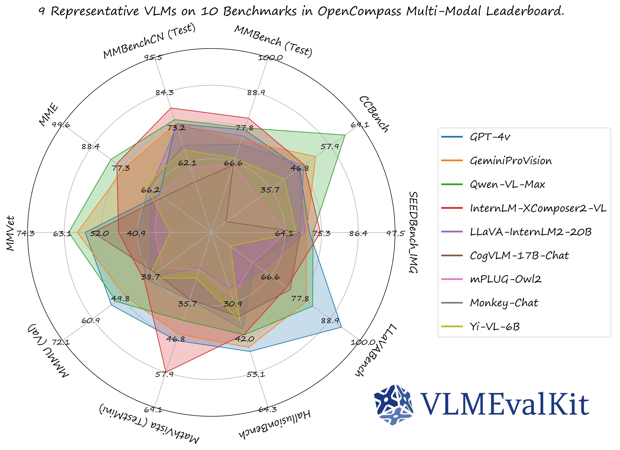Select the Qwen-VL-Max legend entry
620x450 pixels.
point(507,184)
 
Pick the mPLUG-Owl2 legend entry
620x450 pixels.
point(505,279)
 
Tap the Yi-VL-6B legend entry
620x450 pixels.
point(494,326)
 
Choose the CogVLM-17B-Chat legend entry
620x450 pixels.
point(519,256)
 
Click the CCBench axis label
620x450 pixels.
point(373,114)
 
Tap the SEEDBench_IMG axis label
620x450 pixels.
point(413,232)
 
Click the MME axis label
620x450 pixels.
point(49,115)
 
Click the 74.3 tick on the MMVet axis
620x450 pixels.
point(26,233)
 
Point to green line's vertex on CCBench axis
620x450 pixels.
point(345,135)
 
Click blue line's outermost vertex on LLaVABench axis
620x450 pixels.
point(342,327)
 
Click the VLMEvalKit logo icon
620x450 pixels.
point(394,405)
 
